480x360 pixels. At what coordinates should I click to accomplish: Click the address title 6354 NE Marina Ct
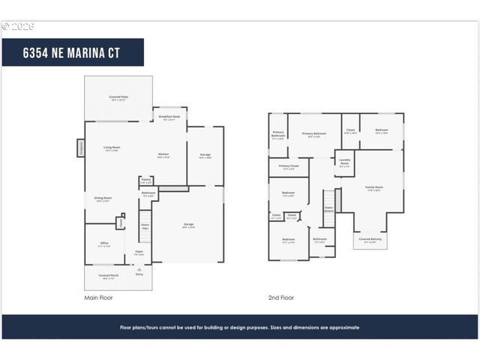point(73,52)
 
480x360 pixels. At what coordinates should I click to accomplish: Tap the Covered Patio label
point(118,97)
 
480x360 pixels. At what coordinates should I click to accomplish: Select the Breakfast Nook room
point(169,118)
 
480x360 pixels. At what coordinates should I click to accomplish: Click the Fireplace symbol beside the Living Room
point(80,148)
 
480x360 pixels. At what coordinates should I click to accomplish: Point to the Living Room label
point(112,148)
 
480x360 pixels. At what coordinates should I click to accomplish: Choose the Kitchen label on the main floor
point(163,155)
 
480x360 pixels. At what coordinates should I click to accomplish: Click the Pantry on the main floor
point(145,181)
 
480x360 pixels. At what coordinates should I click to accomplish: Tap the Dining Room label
point(103,199)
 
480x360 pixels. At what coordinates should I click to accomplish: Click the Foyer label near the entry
point(139,252)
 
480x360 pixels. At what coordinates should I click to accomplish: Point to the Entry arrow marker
point(139,273)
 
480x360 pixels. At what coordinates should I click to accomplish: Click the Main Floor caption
point(99,298)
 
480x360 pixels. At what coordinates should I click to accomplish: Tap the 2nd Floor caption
point(281,298)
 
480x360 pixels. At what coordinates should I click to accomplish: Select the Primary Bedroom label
point(313,135)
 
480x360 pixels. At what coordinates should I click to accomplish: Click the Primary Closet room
point(289,167)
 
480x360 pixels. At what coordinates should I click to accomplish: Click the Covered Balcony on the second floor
point(370,240)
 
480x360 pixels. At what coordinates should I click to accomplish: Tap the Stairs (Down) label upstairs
point(328,210)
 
